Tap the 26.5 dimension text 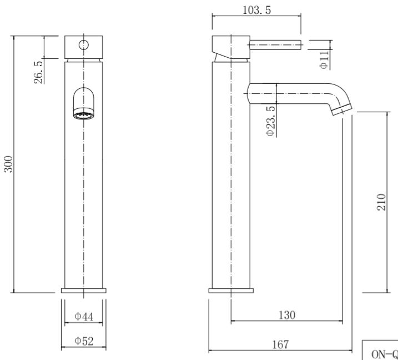click(x=39, y=72)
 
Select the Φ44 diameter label click(x=83, y=316)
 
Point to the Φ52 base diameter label click(x=83, y=341)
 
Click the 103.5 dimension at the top click(x=257, y=10)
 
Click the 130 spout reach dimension click(x=286, y=314)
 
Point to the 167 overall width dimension click(x=280, y=345)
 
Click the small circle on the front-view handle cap click(x=83, y=45)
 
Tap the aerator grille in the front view click(x=83, y=115)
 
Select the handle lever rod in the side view click(x=275, y=45)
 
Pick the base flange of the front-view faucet click(x=83, y=291)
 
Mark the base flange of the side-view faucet click(x=231, y=291)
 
